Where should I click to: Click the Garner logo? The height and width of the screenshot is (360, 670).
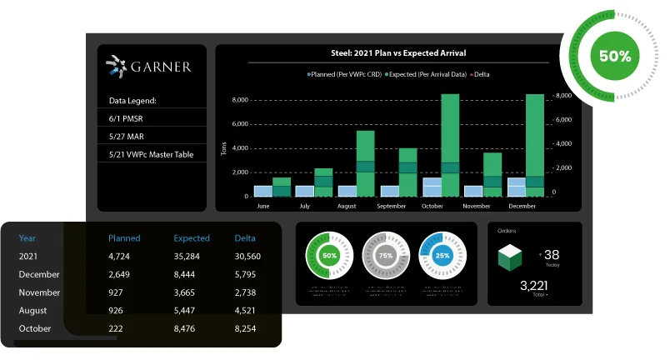click(149, 67)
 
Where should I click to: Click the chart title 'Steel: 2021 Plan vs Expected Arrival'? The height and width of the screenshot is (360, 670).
click(387, 53)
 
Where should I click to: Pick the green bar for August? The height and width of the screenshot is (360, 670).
click(365, 162)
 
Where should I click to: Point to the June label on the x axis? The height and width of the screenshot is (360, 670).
click(263, 205)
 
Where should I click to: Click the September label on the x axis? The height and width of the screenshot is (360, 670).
click(391, 205)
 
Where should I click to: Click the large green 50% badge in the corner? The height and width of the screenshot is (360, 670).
click(614, 57)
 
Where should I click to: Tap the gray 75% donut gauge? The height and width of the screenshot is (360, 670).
click(385, 255)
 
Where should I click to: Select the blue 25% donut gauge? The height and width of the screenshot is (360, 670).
click(442, 255)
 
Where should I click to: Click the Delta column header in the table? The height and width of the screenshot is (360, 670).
click(245, 238)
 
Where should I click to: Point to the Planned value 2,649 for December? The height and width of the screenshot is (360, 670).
click(120, 275)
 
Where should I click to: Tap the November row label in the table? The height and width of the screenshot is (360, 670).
click(39, 293)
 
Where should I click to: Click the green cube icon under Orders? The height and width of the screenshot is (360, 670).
click(510, 257)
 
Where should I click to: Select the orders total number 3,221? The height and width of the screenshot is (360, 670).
click(533, 286)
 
